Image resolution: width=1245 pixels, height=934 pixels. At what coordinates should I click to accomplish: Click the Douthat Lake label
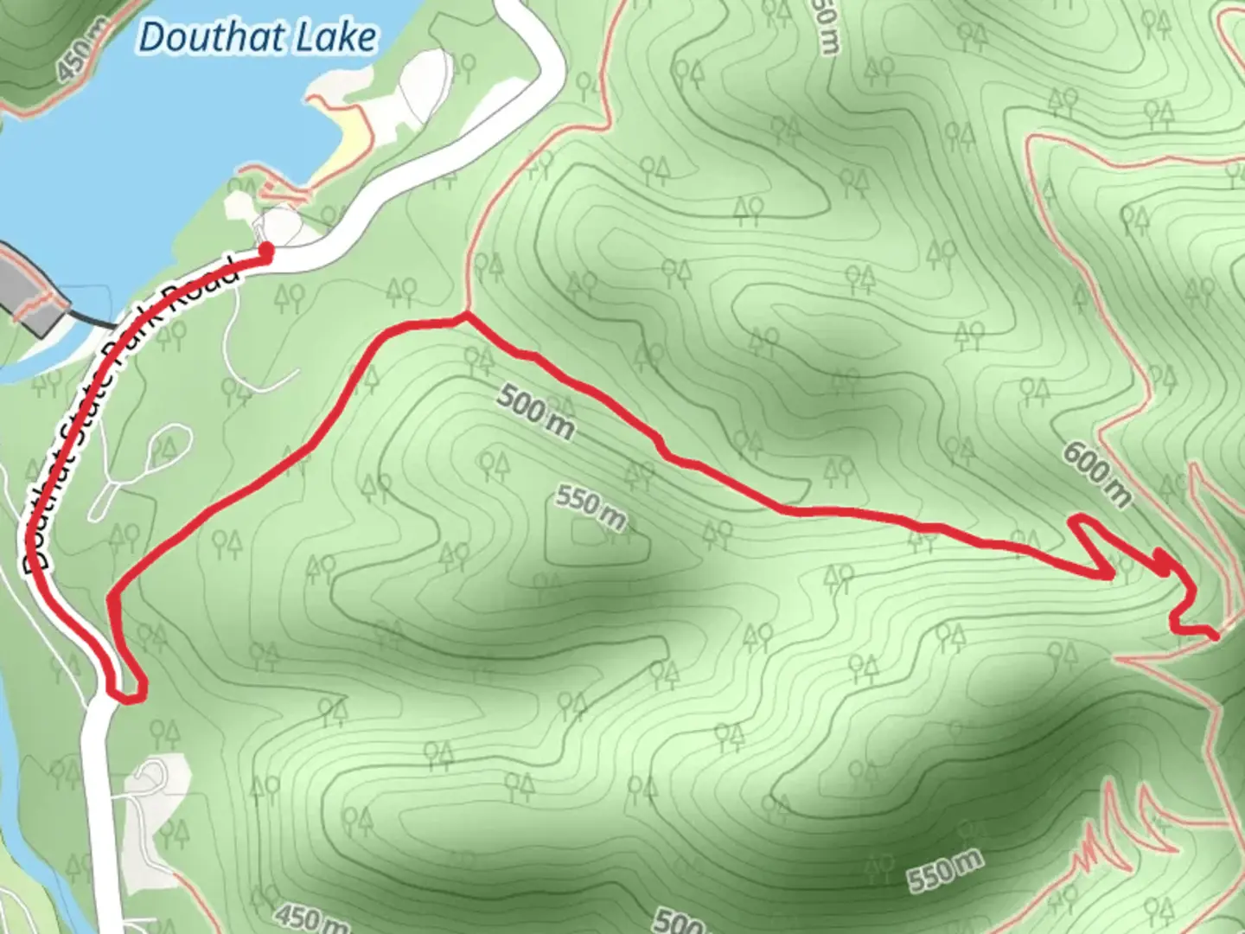tap(258, 38)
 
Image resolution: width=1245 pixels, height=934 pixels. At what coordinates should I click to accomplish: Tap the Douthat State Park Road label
tap(130, 415)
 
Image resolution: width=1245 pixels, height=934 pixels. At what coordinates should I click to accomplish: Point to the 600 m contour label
tap(1096, 474)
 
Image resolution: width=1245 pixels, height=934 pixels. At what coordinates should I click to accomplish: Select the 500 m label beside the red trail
tap(536, 413)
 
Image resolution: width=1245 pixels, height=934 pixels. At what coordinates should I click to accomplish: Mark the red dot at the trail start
tap(266, 251)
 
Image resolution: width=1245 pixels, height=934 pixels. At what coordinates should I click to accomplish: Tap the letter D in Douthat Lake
tap(153, 38)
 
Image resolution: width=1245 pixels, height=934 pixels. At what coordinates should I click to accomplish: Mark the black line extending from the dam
tap(91, 321)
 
